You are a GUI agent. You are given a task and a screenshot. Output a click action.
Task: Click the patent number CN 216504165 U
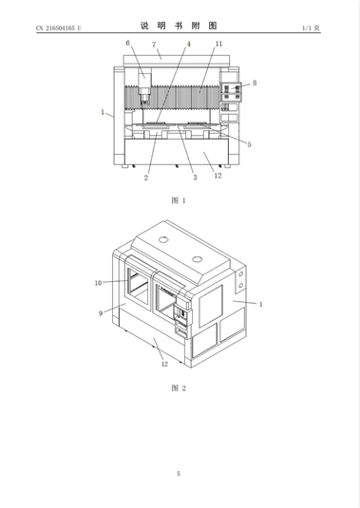59,28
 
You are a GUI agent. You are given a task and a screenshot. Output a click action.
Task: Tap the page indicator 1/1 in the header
307,28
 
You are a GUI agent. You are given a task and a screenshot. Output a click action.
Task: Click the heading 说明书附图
179,26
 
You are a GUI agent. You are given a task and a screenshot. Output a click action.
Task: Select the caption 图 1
179,200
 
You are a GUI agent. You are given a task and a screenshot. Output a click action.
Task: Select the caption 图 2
179,387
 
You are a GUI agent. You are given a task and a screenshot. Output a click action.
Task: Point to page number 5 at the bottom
179,473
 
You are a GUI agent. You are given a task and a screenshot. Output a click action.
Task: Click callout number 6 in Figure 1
127,43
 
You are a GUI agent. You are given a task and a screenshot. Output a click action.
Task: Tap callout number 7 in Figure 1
154,45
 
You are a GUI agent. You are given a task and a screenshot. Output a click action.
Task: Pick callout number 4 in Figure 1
189,44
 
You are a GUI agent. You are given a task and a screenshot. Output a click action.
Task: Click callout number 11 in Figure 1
219,44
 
